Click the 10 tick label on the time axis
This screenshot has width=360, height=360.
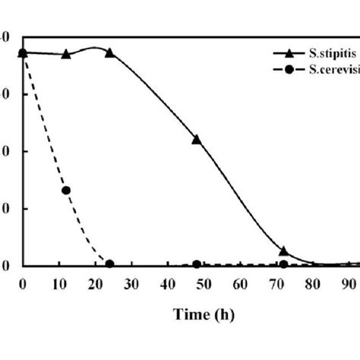[x=58, y=285]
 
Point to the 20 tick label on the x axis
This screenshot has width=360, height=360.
[x=95, y=285]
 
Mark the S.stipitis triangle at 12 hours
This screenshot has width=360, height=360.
[x=66, y=54]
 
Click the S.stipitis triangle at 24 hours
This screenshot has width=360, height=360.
[x=109, y=52]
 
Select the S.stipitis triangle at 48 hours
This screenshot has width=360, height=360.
[x=197, y=139]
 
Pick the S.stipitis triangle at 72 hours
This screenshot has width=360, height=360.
[x=283, y=251]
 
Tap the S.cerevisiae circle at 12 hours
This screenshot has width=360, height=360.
[x=66, y=190]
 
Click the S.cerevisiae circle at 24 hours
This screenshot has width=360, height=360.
[x=109, y=264]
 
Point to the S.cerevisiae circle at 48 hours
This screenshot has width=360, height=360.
[x=197, y=264]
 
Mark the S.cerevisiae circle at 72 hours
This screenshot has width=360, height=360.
[x=283, y=264]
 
